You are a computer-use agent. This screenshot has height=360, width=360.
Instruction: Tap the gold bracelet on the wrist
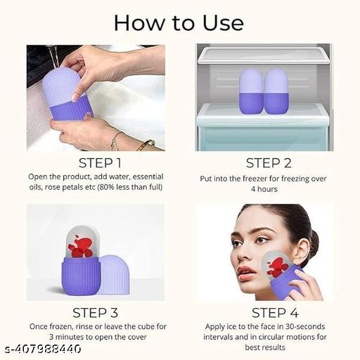click(146, 144)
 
